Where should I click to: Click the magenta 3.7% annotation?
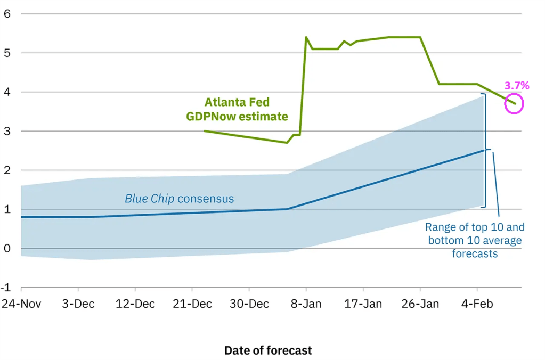[517, 85]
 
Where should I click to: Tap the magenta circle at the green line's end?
[514, 103]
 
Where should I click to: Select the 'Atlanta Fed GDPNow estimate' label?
[237, 109]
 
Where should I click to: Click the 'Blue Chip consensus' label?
[179, 199]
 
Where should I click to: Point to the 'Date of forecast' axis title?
[268, 350]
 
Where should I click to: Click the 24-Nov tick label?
[21, 304]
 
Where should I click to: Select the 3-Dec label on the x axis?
[78, 304]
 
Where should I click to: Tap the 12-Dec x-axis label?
[135, 304]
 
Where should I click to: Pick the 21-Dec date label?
[192, 304]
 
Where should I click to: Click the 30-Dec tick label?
[249, 304]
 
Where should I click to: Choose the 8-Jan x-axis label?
[306, 304]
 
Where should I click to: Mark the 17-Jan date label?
[363, 304]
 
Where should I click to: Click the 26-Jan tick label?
[420, 304]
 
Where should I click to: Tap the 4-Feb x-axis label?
[477, 304]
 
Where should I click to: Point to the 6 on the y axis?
[7, 14]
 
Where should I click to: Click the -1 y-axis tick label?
[6, 288]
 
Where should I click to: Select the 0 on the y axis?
[7, 249]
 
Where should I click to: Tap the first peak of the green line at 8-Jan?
[306, 37]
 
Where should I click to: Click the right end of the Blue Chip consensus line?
[483, 150]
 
